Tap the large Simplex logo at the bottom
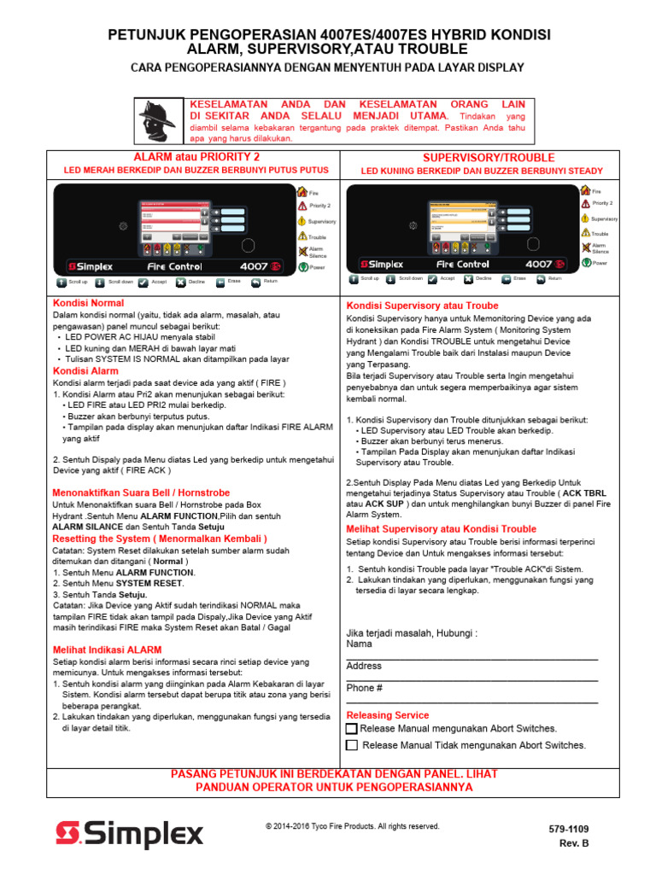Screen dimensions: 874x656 click(x=129, y=834)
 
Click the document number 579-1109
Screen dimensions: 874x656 click(x=568, y=829)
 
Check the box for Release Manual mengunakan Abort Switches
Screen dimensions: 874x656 click(x=351, y=729)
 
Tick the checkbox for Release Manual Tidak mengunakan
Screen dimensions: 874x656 click(x=351, y=745)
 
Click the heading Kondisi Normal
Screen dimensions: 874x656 click(x=88, y=303)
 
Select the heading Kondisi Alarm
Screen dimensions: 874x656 click(x=85, y=371)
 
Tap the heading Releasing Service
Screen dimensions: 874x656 click(x=388, y=715)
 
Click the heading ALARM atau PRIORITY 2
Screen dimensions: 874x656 click(x=196, y=158)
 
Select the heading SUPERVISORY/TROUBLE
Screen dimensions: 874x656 click(x=489, y=158)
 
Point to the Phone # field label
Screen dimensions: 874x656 click(x=365, y=688)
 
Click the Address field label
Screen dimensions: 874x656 click(x=364, y=666)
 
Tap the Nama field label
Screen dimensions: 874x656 click(x=360, y=644)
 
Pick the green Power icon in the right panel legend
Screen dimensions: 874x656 click(x=585, y=263)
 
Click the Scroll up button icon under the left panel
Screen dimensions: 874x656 click(x=61, y=281)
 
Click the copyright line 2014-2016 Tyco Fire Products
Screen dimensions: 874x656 click(x=353, y=826)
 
